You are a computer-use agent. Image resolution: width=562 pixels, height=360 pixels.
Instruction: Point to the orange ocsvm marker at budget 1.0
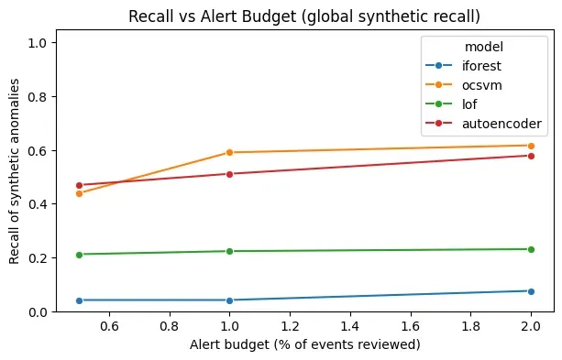coord(229,152)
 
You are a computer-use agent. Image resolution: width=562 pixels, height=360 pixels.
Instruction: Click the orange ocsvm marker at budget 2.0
coord(531,146)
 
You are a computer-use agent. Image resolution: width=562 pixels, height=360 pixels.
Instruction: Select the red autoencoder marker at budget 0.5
coord(79,185)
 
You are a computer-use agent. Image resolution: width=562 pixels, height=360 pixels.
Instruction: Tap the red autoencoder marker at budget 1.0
coord(229,174)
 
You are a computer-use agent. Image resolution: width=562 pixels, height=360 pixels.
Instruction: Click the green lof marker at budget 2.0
coord(531,249)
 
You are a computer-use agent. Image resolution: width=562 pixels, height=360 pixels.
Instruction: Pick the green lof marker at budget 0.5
coord(79,255)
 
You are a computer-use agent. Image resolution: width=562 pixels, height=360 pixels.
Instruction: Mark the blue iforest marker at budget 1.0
coord(229,300)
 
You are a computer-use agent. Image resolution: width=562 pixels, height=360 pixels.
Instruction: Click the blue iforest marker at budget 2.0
coord(531,291)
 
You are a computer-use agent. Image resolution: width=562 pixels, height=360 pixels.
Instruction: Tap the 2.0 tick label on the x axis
coord(531,325)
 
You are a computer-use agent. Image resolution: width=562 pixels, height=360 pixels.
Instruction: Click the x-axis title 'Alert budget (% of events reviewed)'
coord(303,345)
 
